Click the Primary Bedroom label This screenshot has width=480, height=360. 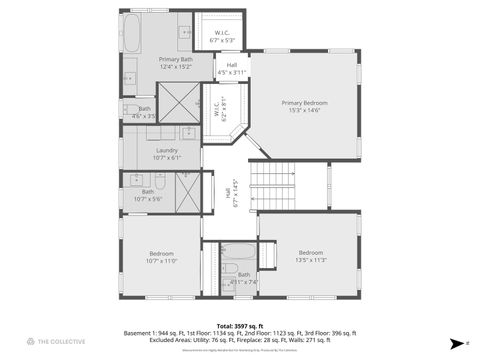click(304, 106)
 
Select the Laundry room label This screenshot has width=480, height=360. click(167, 153)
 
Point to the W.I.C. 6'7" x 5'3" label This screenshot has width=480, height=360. click(223, 37)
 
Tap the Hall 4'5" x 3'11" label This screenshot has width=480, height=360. click(232, 68)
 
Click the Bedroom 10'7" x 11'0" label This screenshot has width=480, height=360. click(161, 257)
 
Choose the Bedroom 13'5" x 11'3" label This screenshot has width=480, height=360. click(311, 255)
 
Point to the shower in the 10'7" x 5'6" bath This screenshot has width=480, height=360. click(188, 191)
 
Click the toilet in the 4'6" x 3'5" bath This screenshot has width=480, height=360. click(131, 110)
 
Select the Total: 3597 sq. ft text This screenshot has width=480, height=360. click(239, 325)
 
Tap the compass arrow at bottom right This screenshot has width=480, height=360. click(456, 341)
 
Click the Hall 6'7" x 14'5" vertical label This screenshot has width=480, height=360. click(231, 192)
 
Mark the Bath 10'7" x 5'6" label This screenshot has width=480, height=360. click(148, 194)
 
